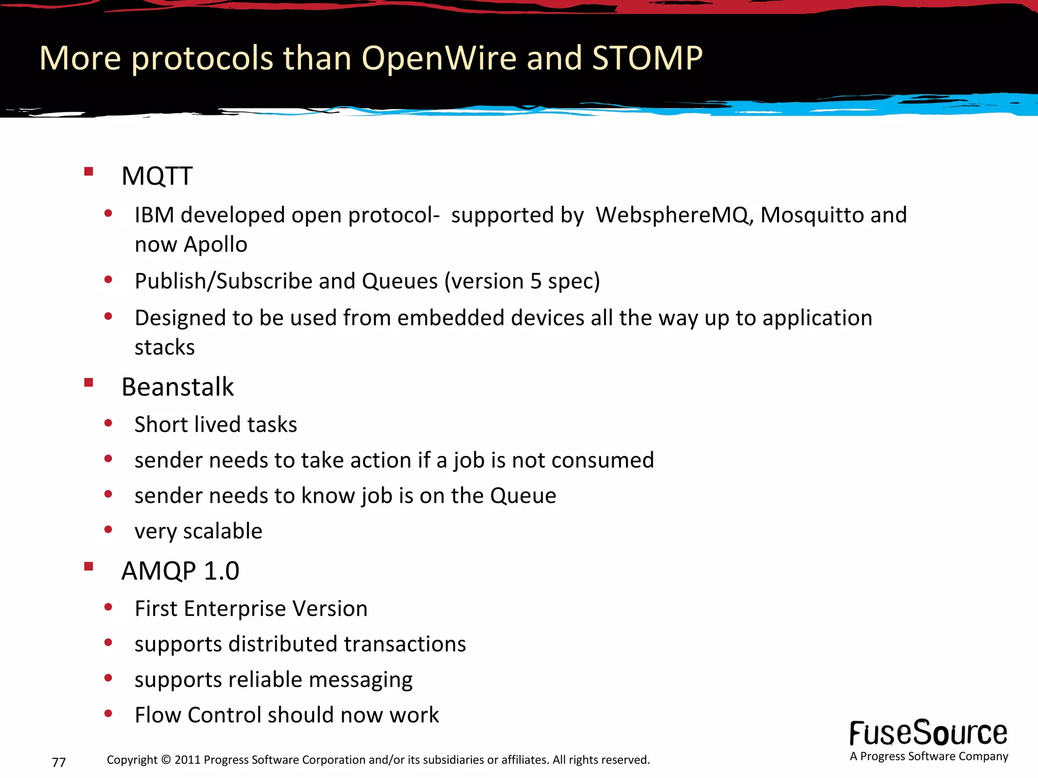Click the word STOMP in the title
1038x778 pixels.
coord(647,58)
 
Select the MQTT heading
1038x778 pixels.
coord(157,176)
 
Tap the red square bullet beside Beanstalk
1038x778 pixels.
coord(89,382)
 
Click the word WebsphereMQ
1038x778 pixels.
coord(672,215)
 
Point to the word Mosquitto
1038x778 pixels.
coord(812,215)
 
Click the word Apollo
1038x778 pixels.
coord(215,245)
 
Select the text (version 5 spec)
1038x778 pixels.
coord(522,281)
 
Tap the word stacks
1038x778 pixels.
coord(165,347)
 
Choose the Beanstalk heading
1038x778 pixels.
coord(177,387)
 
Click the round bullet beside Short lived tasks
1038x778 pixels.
coord(108,423)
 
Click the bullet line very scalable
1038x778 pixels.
coord(198,531)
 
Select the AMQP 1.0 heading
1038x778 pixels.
coord(180,571)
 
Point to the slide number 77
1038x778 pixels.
coord(59,762)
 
